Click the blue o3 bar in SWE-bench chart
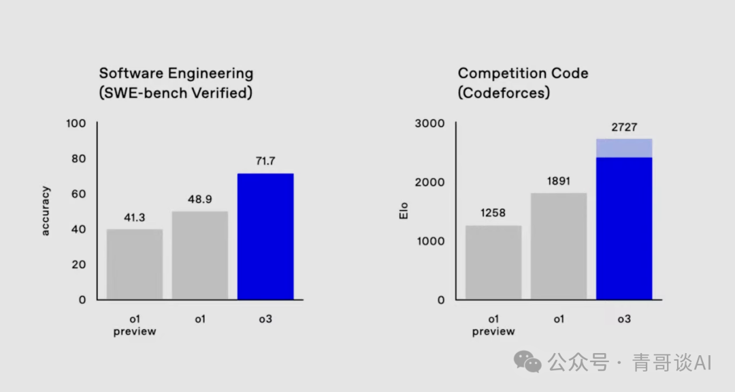point(265,237)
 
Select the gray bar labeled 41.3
point(135,264)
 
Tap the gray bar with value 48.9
point(199,255)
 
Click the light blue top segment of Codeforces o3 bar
point(624,148)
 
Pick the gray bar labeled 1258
point(493,262)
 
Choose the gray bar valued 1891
point(559,246)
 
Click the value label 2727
point(624,127)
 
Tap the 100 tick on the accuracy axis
point(76,123)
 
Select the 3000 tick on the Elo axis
point(429,123)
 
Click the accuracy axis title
point(46,211)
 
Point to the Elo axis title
point(402,211)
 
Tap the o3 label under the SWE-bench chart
point(265,318)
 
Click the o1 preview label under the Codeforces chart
point(493,325)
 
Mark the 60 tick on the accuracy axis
point(79,194)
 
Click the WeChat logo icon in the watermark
point(527,362)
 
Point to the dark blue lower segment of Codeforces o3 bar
point(624,228)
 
